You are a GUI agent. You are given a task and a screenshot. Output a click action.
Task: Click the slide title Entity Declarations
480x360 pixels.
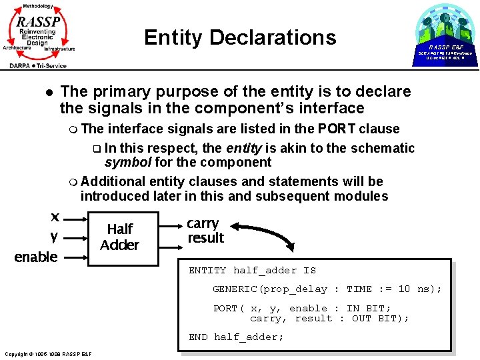[240, 37]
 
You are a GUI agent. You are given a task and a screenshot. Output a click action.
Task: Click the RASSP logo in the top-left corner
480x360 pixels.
[39, 34]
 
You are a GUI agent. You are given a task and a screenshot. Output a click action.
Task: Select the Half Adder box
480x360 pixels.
[119, 237]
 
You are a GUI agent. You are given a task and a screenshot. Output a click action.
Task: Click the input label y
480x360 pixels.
[53, 236]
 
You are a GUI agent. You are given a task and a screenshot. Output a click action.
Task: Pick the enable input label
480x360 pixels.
[36, 257]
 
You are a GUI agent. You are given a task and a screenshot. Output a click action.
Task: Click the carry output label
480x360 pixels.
[203, 223]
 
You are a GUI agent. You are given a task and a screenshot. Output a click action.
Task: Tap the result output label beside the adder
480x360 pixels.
[205, 238]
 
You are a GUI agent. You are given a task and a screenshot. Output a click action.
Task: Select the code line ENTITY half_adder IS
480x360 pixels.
[252, 270]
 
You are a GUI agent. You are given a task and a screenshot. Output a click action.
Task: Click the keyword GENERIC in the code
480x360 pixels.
[235, 289]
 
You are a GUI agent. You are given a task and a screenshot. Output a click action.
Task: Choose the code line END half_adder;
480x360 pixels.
[236, 337]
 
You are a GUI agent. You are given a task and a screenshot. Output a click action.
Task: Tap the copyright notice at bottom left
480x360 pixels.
[47, 353]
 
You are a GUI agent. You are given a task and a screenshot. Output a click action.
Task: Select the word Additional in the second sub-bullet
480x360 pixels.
[113, 181]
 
